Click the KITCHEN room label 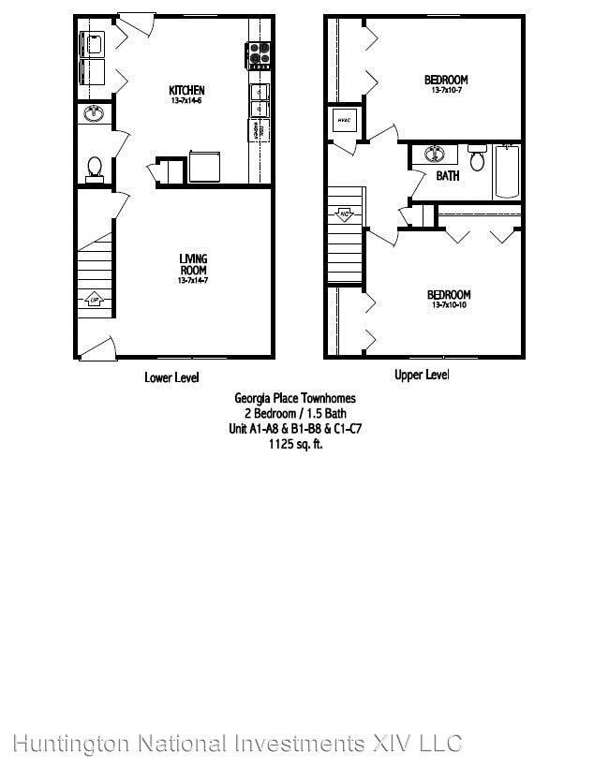186,90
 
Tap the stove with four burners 260,55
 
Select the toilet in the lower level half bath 94,167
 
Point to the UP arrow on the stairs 95,300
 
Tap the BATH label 448,176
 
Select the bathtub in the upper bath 507,171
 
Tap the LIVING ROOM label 193,263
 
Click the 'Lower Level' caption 171,377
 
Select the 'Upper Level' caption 421,376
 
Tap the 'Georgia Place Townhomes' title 294,398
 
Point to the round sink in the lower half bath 93,114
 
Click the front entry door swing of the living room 96,348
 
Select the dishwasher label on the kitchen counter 254,128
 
